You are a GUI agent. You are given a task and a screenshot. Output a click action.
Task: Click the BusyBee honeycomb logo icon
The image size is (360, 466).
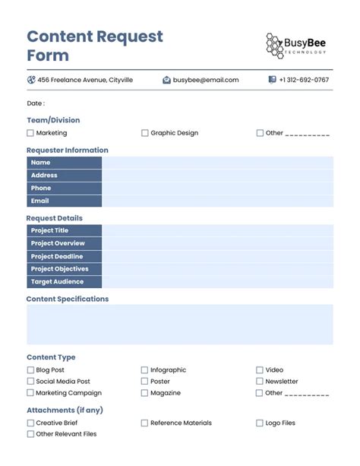click(274, 45)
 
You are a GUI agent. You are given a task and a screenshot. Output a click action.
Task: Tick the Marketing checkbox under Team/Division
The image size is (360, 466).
click(30, 133)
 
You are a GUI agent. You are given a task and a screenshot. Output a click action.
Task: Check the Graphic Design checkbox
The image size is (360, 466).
click(144, 133)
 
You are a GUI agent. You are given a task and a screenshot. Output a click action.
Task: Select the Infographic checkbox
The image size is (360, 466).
click(144, 370)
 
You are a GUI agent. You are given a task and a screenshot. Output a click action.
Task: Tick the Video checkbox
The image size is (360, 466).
click(260, 370)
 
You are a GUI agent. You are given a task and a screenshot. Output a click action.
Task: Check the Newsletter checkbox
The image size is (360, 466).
click(260, 382)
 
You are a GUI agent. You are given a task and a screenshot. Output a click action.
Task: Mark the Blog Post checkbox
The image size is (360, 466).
click(30, 370)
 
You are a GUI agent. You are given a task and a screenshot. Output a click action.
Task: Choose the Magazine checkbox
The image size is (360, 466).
click(144, 393)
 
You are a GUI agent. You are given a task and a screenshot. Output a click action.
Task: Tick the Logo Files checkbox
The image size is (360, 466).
click(260, 423)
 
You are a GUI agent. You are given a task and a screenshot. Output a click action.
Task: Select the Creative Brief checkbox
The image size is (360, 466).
click(30, 423)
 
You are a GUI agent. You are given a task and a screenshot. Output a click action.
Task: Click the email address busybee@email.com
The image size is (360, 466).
click(206, 80)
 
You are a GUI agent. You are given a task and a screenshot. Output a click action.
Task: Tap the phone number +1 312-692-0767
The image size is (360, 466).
click(304, 80)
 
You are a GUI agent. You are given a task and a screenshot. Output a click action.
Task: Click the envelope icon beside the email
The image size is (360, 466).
click(166, 80)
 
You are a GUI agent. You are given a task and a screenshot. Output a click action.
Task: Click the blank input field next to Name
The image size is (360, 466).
click(217, 163)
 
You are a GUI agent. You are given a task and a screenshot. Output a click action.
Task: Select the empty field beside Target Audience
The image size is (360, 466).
click(217, 282)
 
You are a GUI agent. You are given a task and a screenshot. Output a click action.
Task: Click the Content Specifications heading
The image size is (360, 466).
click(68, 299)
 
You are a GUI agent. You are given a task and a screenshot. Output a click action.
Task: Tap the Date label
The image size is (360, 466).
click(36, 103)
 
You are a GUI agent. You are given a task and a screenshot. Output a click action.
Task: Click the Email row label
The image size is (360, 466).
click(40, 201)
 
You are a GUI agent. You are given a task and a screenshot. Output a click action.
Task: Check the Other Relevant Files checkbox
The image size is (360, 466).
click(30, 434)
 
